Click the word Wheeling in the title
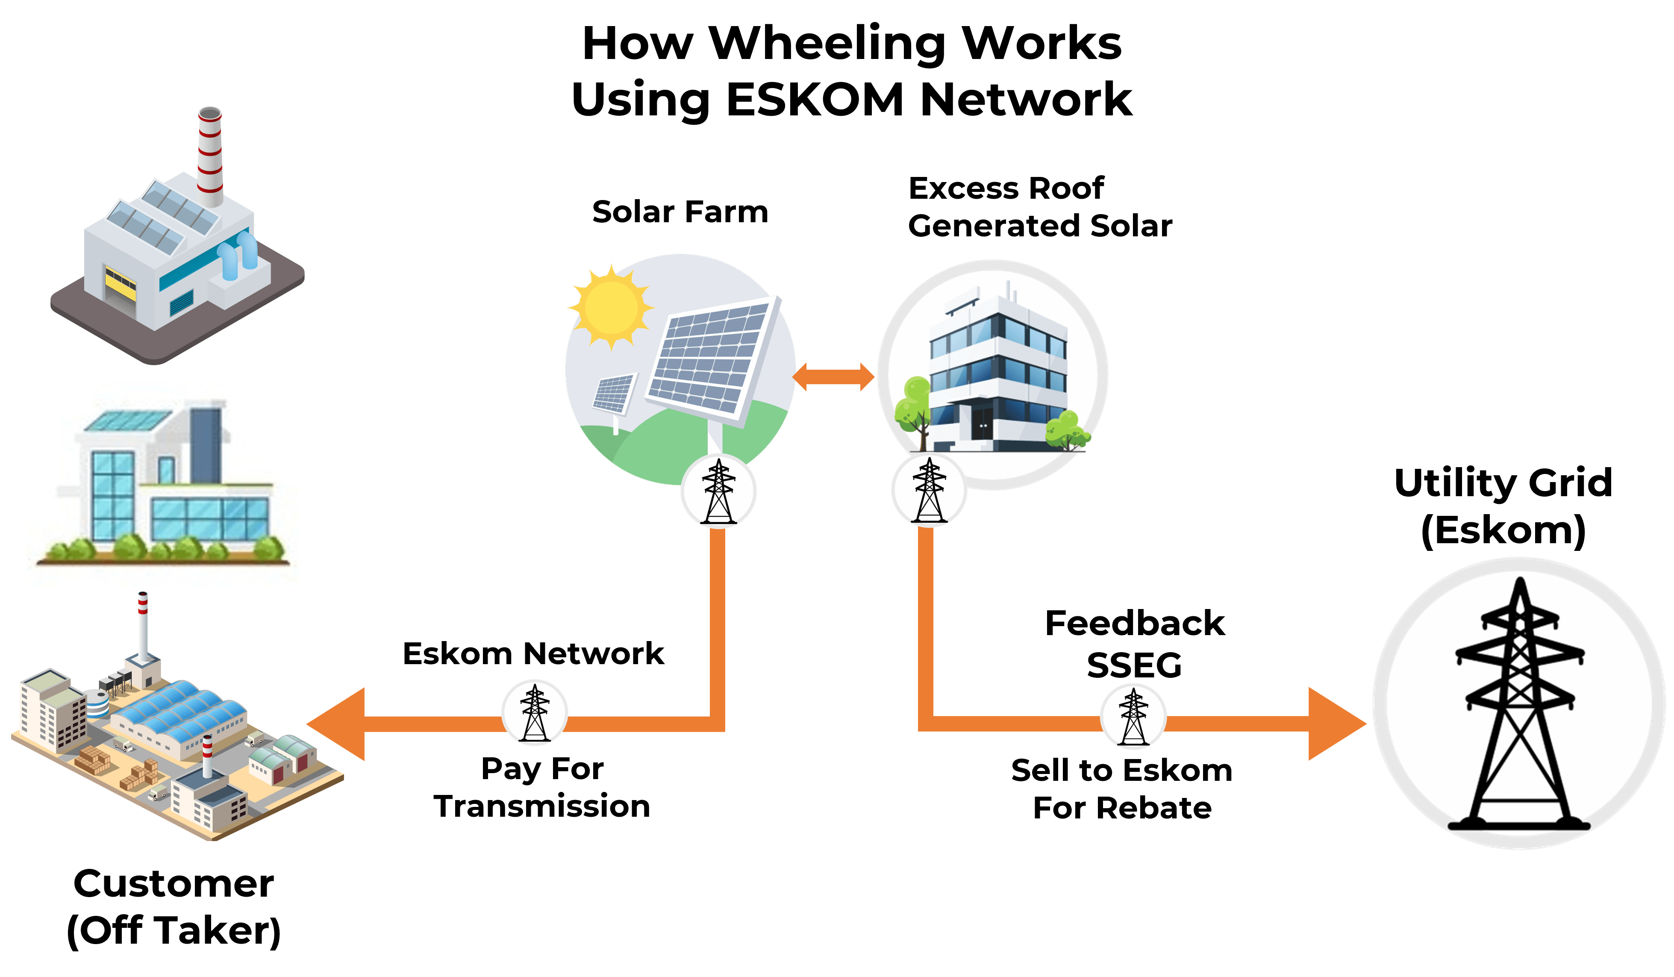click(827, 44)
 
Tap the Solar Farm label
click(680, 212)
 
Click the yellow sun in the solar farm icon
click(610, 307)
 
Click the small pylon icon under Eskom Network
click(535, 712)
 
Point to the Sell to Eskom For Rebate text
click(1122, 789)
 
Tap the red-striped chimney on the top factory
click(210, 156)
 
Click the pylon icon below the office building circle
click(929, 490)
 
